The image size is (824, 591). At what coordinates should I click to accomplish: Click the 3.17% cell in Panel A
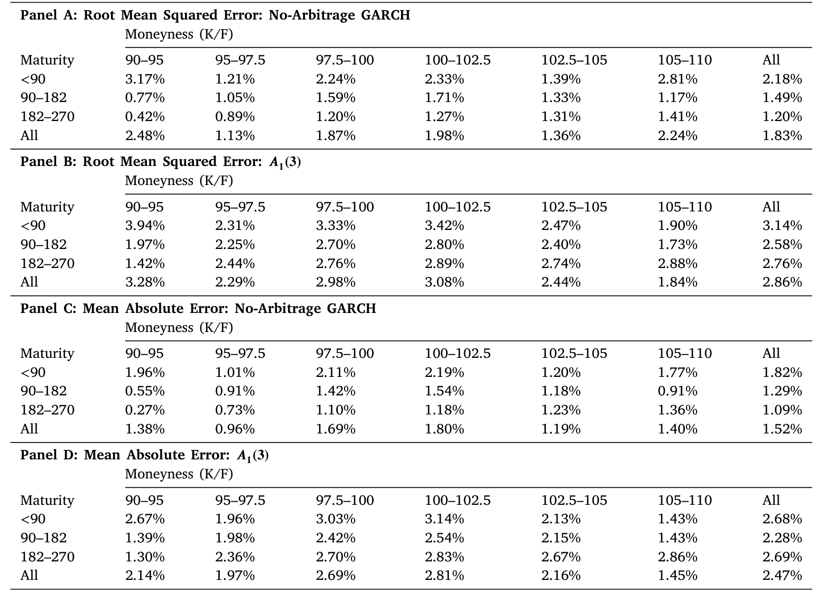(145, 79)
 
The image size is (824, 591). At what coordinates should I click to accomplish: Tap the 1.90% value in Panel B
(677, 226)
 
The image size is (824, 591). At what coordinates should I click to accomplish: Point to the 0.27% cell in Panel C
(145, 410)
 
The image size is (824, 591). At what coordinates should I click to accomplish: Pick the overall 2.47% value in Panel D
(782, 575)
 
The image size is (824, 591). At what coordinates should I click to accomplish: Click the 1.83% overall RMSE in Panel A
(782, 136)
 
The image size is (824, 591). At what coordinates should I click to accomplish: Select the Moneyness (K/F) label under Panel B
(179, 181)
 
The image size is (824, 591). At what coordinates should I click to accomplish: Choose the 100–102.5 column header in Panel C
(458, 353)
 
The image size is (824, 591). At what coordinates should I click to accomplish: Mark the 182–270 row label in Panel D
(48, 557)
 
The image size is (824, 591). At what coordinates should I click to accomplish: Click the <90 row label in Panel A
(33, 79)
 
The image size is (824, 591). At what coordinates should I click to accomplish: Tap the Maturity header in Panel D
(47, 501)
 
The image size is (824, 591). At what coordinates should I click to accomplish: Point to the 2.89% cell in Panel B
(445, 263)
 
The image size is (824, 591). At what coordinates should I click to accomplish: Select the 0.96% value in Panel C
(235, 429)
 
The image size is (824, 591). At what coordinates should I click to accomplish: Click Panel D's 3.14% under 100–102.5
(445, 519)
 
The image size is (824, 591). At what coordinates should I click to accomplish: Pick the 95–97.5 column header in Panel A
(240, 60)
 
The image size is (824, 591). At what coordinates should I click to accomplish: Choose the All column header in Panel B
(771, 207)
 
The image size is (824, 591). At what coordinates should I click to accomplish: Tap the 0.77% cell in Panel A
(145, 98)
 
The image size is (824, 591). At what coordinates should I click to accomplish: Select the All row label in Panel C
(29, 429)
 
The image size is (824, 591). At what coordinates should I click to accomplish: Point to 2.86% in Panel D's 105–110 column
(677, 557)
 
